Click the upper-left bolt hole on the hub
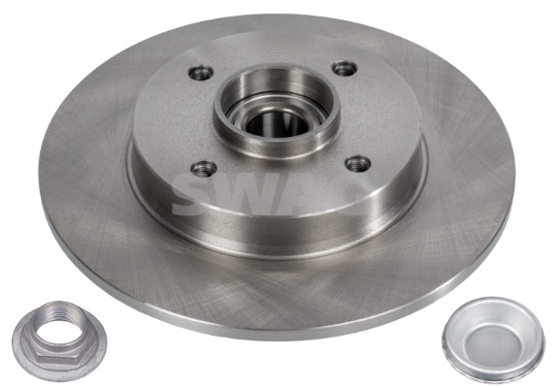201,73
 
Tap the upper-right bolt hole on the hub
345,69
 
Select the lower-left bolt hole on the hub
204,169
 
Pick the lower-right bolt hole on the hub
358,164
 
